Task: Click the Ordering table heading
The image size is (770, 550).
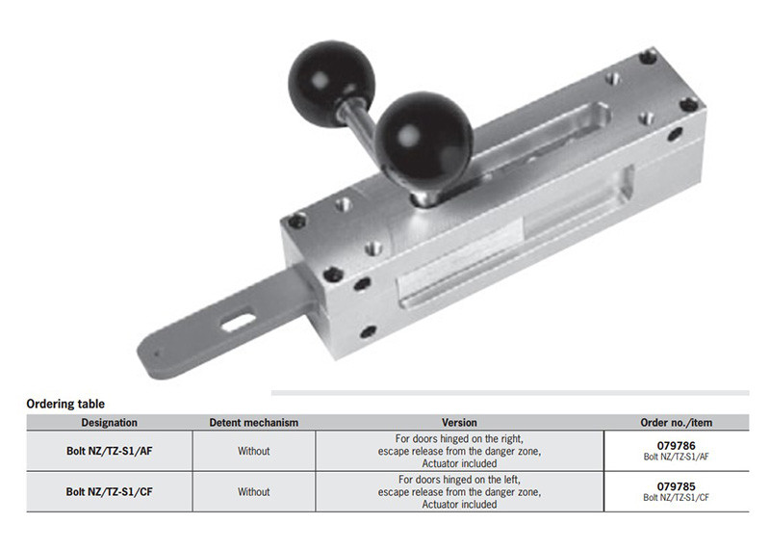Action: (65, 404)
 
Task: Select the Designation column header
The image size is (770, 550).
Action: (109, 423)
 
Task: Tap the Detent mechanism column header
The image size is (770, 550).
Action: (253, 423)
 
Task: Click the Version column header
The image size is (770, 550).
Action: (459, 423)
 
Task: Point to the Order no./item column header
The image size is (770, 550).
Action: (677, 423)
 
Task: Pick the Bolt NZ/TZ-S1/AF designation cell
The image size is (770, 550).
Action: (109, 451)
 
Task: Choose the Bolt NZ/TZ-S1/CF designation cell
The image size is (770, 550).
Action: (109, 491)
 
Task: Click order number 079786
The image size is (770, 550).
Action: (677, 446)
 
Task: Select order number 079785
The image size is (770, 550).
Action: (677, 486)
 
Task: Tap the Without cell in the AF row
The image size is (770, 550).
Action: (253, 451)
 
